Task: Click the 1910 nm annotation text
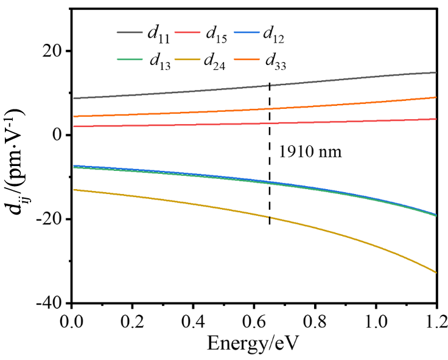[310, 151]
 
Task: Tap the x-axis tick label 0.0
[72, 319]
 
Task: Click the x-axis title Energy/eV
[254, 344]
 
